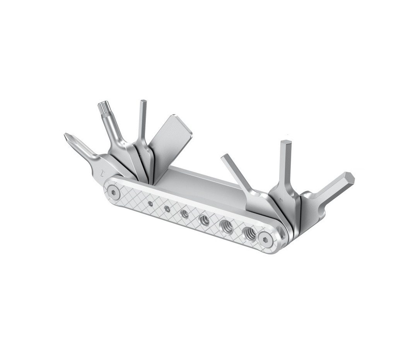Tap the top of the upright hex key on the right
(286, 143)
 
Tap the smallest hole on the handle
(150, 203)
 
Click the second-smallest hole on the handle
(167, 208)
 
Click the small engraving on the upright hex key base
(281, 201)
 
